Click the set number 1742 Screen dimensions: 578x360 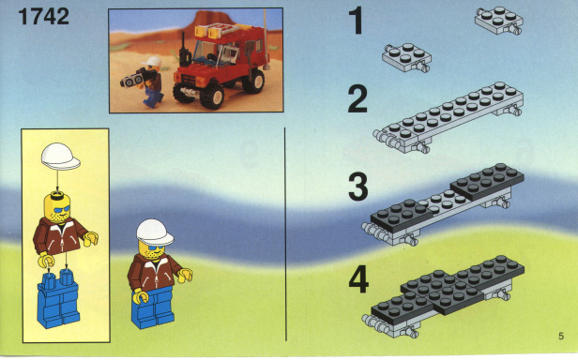(x=43, y=17)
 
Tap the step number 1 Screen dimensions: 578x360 (x=357, y=22)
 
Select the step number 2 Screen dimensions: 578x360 (x=357, y=98)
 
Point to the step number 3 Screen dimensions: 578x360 (x=357, y=187)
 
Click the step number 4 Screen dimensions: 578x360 (x=358, y=280)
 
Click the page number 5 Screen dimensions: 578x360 (x=561, y=336)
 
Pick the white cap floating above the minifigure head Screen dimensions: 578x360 (x=60, y=157)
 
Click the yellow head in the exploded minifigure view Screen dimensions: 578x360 (x=56, y=207)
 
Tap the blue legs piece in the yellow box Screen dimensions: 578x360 (x=58, y=298)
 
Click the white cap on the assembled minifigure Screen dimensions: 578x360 (x=155, y=232)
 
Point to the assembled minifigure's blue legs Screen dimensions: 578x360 (x=153, y=307)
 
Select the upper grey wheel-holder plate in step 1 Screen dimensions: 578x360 (x=499, y=21)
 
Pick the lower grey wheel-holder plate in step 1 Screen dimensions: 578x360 (x=407, y=57)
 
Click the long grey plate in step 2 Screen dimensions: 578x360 (x=449, y=117)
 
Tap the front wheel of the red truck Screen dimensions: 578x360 (x=212, y=97)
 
